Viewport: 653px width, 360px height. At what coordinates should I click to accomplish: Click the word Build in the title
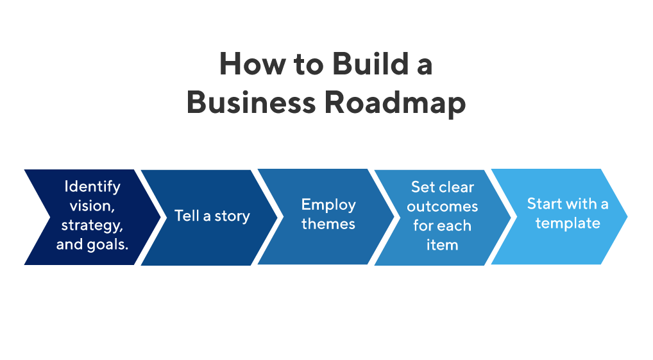(x=363, y=65)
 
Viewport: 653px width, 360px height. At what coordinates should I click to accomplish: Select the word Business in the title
(x=251, y=103)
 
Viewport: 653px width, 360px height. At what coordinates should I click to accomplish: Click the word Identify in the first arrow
(x=92, y=187)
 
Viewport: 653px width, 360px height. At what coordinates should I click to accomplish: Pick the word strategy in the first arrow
(x=92, y=226)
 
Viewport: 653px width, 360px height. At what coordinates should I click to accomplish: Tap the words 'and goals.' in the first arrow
(x=92, y=244)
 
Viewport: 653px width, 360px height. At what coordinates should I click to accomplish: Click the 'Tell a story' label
(x=212, y=216)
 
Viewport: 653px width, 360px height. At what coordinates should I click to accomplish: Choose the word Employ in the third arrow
(x=328, y=205)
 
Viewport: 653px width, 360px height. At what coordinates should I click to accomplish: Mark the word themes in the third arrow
(x=328, y=224)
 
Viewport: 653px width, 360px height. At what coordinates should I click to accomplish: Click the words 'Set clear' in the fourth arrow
(x=442, y=187)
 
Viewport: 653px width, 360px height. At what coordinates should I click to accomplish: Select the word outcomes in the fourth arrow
(x=442, y=207)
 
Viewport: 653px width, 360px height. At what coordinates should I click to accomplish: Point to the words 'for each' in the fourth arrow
(x=442, y=226)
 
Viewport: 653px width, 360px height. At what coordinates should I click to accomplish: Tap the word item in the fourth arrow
(x=442, y=244)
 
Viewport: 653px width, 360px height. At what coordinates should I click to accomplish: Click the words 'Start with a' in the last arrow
(x=567, y=204)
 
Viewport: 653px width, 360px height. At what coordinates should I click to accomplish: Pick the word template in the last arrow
(x=567, y=223)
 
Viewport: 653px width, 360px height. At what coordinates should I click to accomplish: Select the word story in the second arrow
(x=232, y=216)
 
